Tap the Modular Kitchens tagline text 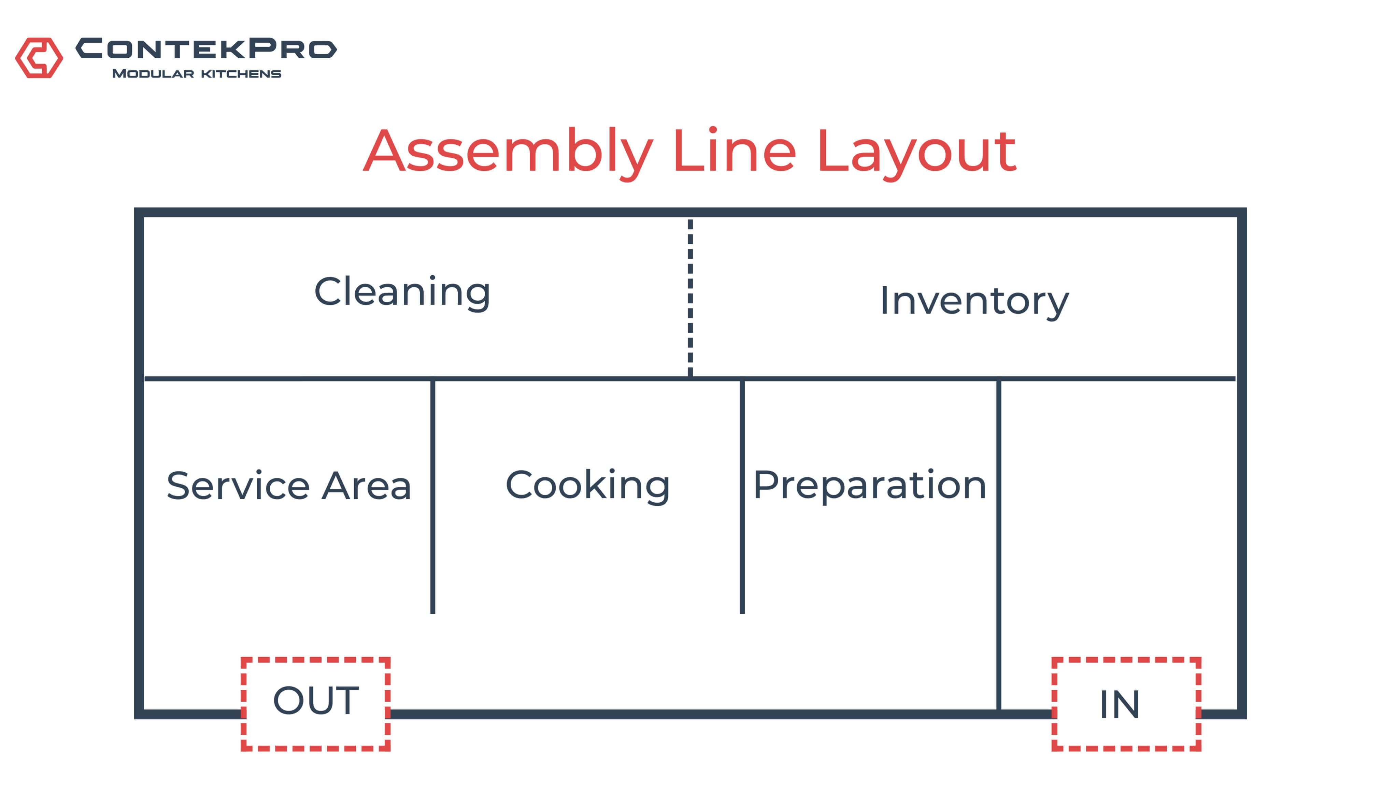click(x=197, y=74)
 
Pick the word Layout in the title click(x=916, y=152)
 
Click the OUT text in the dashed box click(x=316, y=700)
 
